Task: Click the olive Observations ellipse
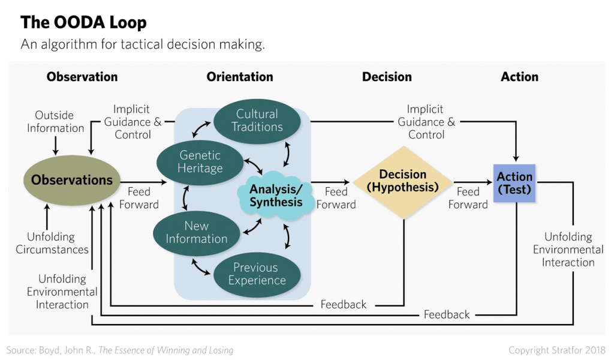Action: click(x=72, y=180)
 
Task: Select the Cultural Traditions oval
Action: click(x=257, y=121)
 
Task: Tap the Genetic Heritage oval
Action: click(x=200, y=160)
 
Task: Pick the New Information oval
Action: click(x=197, y=232)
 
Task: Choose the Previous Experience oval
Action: click(x=257, y=274)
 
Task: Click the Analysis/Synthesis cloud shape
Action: click(x=276, y=196)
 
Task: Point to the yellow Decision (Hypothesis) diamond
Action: click(x=403, y=181)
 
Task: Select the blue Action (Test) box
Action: click(x=514, y=182)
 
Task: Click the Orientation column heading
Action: click(x=240, y=77)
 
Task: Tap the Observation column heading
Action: click(x=82, y=77)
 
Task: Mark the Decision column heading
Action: click(x=387, y=77)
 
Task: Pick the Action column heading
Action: click(x=519, y=77)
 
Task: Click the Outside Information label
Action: click(x=55, y=121)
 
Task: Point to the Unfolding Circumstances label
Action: click(x=52, y=243)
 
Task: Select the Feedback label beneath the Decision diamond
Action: click(x=343, y=304)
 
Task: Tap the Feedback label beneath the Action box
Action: click(x=447, y=314)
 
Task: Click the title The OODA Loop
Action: click(x=83, y=23)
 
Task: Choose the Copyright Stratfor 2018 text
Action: click(x=556, y=349)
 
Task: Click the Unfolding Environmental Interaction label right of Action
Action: click(x=568, y=250)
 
